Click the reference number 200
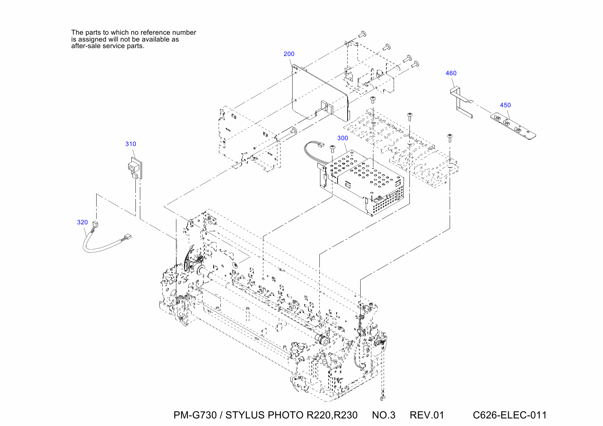click(289, 54)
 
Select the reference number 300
click(342, 138)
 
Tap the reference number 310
click(131, 144)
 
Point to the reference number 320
click(83, 222)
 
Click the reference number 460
click(451, 73)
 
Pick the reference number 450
click(505, 105)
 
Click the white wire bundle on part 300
click(311, 151)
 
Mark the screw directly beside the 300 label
click(332, 148)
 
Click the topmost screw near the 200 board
click(362, 34)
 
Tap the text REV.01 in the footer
click(427, 415)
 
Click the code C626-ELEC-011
click(509, 415)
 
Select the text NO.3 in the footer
click(384, 415)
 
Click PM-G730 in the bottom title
click(195, 415)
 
